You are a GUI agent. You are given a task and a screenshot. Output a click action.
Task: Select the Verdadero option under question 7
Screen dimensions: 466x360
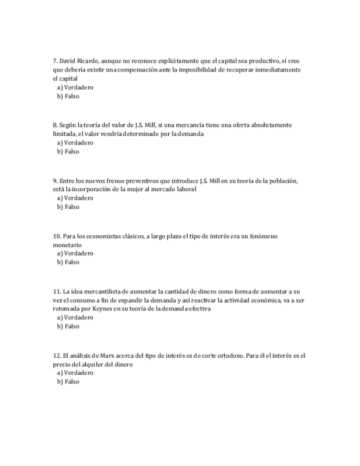click(x=75, y=87)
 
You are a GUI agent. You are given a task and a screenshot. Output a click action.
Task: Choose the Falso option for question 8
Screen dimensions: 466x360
click(x=68, y=152)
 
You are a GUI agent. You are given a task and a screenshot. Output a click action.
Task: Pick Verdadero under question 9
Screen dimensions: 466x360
click(x=75, y=198)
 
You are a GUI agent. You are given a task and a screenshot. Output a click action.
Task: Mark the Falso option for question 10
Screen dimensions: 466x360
click(x=68, y=262)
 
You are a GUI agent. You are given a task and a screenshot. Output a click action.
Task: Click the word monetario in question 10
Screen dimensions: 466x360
click(x=67, y=245)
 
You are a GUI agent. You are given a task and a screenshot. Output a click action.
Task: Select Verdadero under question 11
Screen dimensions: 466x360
click(x=75, y=318)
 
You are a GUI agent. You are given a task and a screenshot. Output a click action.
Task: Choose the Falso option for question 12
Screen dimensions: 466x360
click(x=68, y=381)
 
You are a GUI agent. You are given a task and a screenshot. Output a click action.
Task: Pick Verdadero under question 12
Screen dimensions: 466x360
click(x=75, y=373)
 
